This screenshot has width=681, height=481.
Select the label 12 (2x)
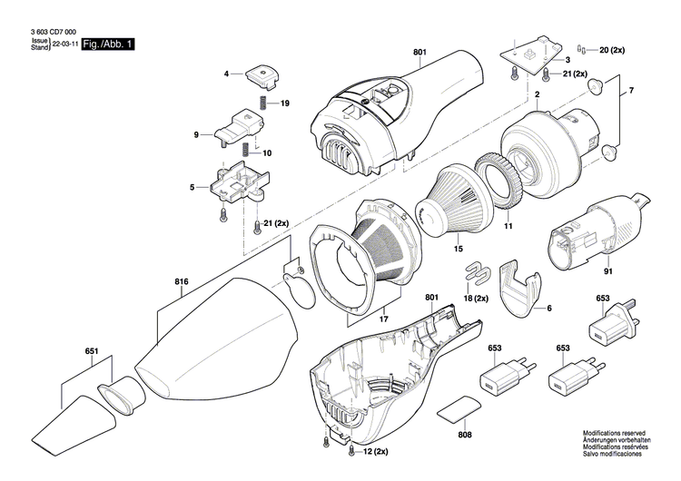[376, 451]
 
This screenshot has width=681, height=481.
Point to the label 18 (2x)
[477, 298]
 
